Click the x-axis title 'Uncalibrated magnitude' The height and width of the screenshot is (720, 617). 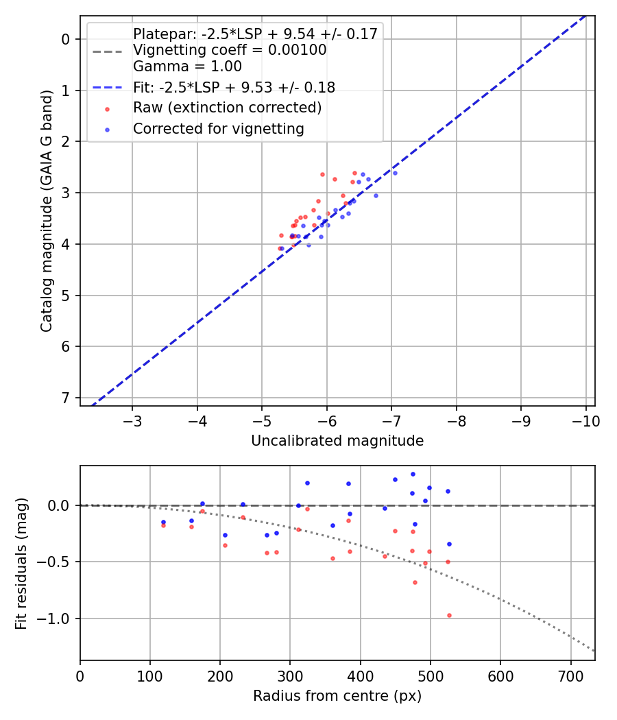[337, 441]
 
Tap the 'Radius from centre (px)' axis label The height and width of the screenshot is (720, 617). [337, 696]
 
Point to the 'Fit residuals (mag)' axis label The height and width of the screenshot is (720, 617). [21, 563]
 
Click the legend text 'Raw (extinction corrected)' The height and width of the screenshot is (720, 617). [227, 108]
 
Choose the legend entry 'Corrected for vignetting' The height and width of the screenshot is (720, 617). [218, 129]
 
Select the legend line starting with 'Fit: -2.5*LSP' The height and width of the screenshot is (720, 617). [234, 87]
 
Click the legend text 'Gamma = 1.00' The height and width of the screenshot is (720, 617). [187, 67]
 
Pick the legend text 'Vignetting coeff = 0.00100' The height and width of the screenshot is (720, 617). [230, 50]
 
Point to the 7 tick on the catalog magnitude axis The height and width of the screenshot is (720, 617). [66, 398]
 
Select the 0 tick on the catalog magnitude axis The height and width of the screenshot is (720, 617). [66, 39]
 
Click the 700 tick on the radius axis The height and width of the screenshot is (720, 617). [570, 675]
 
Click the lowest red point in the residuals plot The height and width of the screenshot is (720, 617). [449, 616]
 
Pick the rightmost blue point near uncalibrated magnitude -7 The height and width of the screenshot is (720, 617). [395, 173]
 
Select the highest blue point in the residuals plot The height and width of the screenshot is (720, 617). [413, 474]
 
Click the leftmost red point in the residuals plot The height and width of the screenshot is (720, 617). [163, 525]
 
